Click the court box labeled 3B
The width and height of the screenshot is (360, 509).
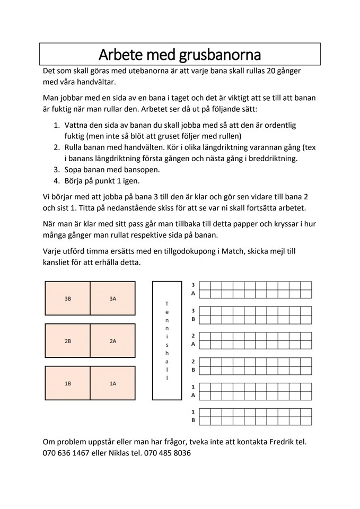68,299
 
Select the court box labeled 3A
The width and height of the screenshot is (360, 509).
113,299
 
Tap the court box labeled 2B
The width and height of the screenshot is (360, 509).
68,341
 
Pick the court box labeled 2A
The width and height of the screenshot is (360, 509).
113,341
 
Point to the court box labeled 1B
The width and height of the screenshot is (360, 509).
68,383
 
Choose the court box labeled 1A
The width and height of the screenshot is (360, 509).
113,383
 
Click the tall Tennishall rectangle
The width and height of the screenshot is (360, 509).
167,340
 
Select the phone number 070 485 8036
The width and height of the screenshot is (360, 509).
168,453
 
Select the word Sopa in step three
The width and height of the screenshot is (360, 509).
74,170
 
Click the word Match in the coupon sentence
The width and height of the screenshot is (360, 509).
233,251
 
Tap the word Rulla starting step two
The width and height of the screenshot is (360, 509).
75,147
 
